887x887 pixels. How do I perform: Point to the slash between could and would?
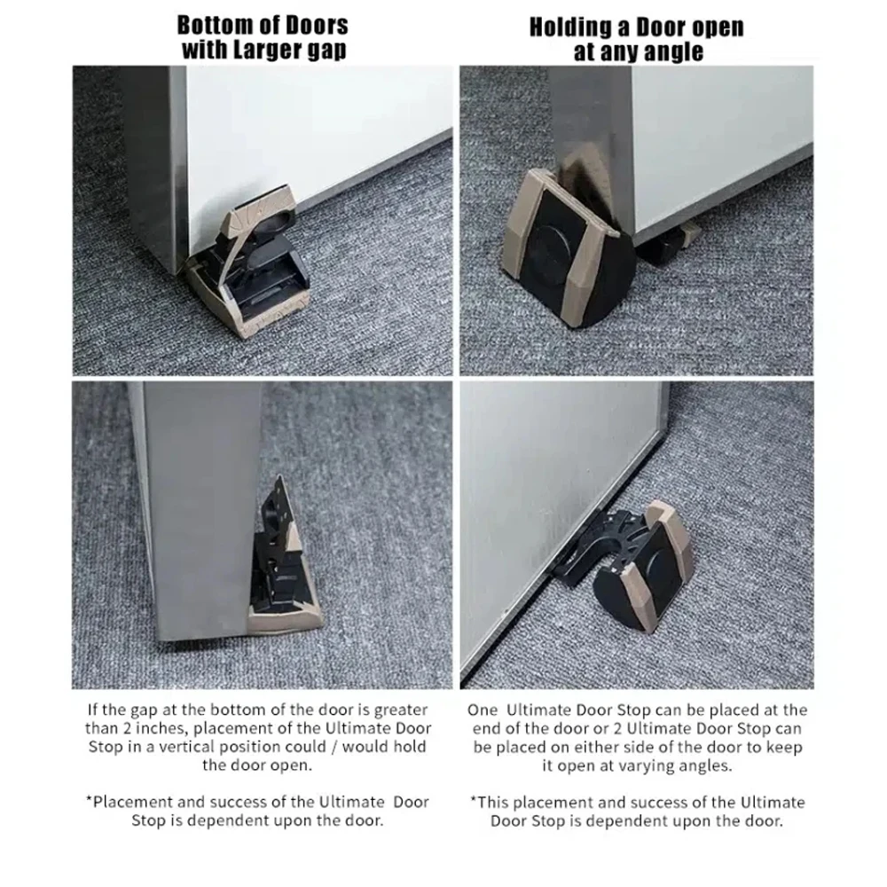click(334, 747)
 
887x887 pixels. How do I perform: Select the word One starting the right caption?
click(483, 710)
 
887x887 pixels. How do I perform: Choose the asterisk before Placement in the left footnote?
click(89, 799)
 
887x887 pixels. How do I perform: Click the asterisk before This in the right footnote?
click(474, 799)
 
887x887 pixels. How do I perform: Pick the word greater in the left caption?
click(401, 710)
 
